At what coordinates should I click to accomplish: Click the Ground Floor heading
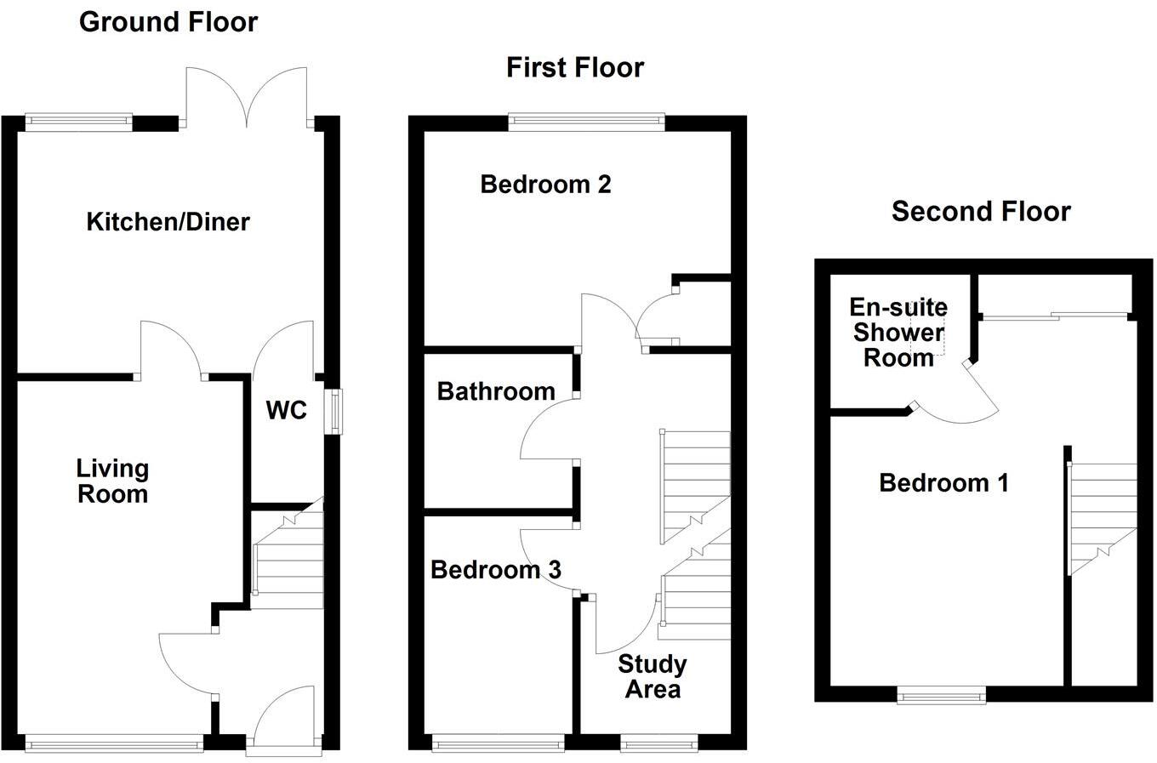pyautogui.click(x=168, y=22)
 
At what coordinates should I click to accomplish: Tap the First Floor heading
pyautogui.click(x=575, y=67)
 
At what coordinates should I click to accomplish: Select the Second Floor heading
pyautogui.click(x=981, y=211)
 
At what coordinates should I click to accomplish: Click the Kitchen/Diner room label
pyautogui.click(x=168, y=222)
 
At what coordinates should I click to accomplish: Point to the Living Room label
pyautogui.click(x=112, y=481)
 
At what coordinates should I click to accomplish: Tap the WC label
pyautogui.click(x=286, y=410)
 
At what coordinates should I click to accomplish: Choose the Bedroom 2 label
pyautogui.click(x=545, y=184)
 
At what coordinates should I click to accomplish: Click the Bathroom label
pyautogui.click(x=496, y=391)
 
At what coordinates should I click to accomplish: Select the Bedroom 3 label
pyautogui.click(x=495, y=569)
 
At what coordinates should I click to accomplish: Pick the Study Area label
pyautogui.click(x=653, y=676)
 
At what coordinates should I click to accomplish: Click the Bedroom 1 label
pyautogui.click(x=943, y=483)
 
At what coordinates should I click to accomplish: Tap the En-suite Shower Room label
pyautogui.click(x=898, y=332)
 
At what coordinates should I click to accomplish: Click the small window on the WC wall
pyautogui.click(x=333, y=412)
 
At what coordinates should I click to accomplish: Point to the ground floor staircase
pyautogui.click(x=289, y=557)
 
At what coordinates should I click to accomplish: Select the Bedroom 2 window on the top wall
pyautogui.click(x=586, y=122)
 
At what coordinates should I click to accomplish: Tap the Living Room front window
pyautogui.click(x=114, y=744)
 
